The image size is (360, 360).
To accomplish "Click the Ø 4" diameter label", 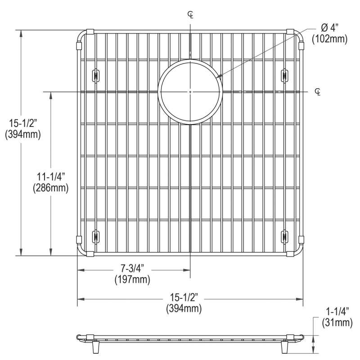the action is [x=330, y=28].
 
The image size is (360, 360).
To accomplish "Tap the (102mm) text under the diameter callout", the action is [x=329, y=39].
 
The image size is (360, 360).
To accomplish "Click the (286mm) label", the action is [x=51, y=188].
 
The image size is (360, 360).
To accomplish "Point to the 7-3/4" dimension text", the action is [x=132, y=268].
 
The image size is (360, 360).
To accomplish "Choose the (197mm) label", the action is [x=132, y=279].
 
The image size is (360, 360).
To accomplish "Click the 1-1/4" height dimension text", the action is [x=337, y=312].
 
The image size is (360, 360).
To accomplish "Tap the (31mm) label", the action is [x=337, y=323].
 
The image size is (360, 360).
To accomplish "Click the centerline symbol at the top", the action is [x=190, y=15].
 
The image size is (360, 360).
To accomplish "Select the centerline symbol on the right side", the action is [x=318, y=92].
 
